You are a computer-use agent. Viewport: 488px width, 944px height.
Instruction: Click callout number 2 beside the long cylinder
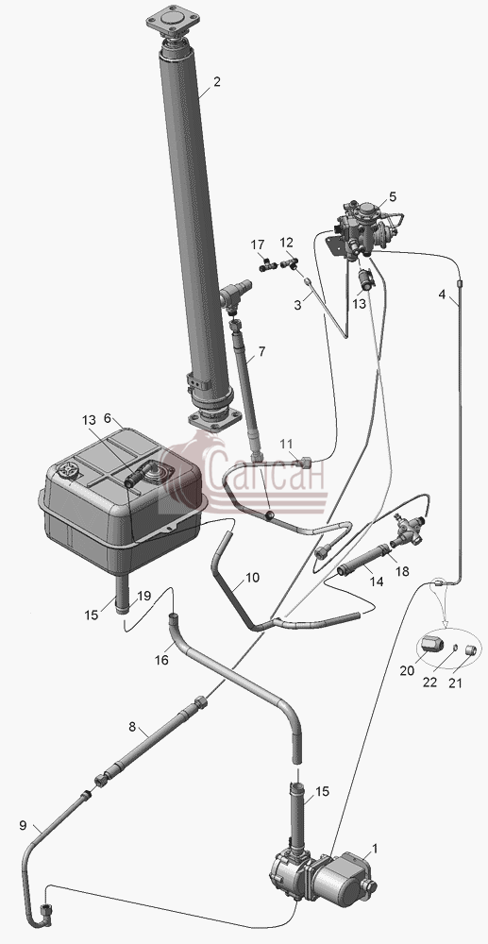216,82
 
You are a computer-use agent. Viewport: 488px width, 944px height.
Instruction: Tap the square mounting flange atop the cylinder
173,21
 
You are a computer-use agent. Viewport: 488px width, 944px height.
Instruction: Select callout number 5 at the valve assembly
393,196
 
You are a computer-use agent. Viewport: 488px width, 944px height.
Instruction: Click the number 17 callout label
258,245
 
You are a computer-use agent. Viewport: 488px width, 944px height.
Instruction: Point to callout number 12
286,243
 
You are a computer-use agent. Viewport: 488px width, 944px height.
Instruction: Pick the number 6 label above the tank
108,418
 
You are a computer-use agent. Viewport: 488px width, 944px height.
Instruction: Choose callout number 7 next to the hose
261,351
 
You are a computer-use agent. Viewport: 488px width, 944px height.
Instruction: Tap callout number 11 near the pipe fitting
287,445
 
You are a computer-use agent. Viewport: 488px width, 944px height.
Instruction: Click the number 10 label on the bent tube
253,578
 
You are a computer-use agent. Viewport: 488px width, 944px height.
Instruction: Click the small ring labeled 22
454,648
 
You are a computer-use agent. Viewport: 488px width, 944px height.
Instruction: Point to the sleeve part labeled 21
471,650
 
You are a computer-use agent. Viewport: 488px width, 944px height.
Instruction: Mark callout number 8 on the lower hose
133,727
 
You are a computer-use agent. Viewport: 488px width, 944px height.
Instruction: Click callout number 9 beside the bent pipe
23,825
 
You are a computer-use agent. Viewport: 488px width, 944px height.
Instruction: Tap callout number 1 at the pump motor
375,849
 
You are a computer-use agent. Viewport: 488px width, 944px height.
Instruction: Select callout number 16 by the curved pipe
161,661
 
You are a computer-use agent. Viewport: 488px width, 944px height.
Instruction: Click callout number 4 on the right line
443,295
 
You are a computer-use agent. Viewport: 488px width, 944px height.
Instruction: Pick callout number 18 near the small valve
401,571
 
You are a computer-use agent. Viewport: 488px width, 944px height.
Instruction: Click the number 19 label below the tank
143,596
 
